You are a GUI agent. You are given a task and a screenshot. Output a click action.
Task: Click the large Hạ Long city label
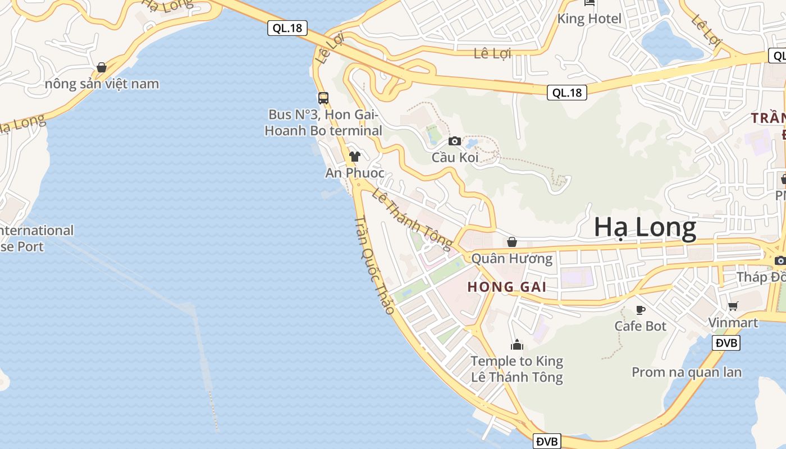645,227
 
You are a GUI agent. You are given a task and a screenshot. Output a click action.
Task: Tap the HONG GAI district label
506,287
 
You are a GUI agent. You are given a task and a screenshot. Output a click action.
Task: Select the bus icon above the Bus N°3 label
323,98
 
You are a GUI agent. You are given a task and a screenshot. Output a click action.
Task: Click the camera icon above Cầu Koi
455,141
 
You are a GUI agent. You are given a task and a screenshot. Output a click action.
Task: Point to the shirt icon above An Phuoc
354,156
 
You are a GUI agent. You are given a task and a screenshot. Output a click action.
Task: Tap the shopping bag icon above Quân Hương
512,242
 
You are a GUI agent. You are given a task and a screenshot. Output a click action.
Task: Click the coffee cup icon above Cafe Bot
640,310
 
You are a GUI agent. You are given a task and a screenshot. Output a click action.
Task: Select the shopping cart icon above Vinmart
733,306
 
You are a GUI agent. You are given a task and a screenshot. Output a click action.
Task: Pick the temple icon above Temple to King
517,344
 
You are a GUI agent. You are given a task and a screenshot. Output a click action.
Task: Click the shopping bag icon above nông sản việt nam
102,67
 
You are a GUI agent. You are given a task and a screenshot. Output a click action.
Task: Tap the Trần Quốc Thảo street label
374,265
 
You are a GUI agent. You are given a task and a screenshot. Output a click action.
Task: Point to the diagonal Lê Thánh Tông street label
412,218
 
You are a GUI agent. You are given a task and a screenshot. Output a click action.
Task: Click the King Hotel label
589,19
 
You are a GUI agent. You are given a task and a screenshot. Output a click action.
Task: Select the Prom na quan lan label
687,372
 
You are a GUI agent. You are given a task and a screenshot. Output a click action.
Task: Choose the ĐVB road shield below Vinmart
726,343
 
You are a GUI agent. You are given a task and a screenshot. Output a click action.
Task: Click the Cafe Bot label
640,326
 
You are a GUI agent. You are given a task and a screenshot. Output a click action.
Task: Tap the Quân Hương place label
512,259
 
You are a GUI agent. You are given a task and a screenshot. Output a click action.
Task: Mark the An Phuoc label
355,173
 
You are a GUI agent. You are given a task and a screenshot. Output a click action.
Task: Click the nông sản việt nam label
102,84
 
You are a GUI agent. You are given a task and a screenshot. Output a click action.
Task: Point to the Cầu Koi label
455,157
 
